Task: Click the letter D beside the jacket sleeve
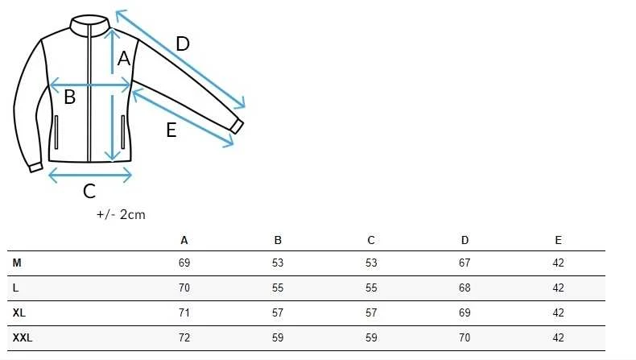(183, 43)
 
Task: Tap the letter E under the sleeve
(171, 130)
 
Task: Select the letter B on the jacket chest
(70, 97)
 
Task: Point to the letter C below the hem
(89, 191)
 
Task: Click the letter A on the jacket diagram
(124, 59)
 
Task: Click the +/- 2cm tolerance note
(121, 214)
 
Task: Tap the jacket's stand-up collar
(89, 25)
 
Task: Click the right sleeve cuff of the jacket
(237, 126)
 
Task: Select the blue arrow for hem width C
(90, 176)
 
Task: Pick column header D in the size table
(465, 240)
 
